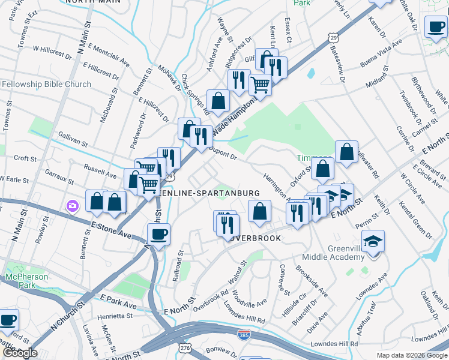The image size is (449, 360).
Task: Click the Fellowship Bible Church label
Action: [x=46, y=85]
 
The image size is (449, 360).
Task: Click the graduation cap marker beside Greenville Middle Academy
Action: [x=373, y=242]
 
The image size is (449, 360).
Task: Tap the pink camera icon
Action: [x=72, y=206]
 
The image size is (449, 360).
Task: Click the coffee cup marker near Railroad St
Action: [x=158, y=235]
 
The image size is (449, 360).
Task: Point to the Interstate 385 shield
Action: [x=243, y=333]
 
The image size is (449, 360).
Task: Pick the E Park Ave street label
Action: [x=119, y=301]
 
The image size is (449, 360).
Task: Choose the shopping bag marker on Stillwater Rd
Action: [x=347, y=152]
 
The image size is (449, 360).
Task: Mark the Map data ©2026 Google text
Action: [x=412, y=355]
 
